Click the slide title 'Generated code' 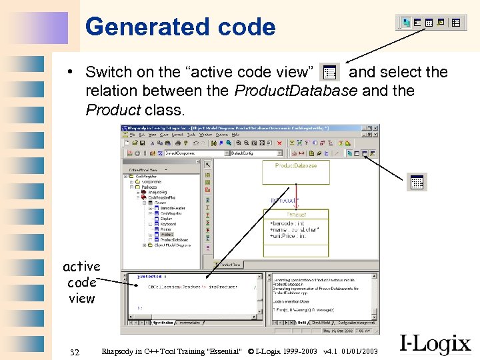click(x=180, y=27)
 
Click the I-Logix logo click(x=435, y=344)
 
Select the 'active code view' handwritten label click(x=81, y=283)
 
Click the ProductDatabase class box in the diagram click(x=295, y=171)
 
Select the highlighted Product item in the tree click(x=167, y=235)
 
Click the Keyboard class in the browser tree click(x=168, y=224)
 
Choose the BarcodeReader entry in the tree click(x=172, y=208)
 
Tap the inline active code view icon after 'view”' click(x=329, y=72)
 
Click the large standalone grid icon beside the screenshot click(x=417, y=182)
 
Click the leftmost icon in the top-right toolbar click(x=406, y=23)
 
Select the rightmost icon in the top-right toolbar click(x=456, y=23)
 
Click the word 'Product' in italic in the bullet click(x=113, y=109)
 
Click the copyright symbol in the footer click(x=251, y=351)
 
